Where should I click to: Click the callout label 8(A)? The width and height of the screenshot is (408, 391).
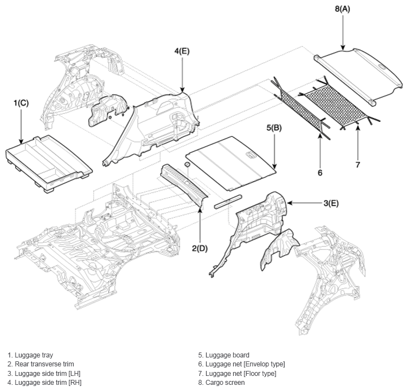(x=343, y=9)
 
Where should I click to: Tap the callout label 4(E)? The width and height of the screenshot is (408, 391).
(x=182, y=51)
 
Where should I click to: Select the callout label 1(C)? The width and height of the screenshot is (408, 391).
(x=21, y=103)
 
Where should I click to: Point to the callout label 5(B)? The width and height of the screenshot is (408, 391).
(x=274, y=128)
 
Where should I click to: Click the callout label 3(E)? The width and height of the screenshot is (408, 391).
(x=331, y=203)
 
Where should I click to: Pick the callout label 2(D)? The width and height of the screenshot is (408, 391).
(x=200, y=249)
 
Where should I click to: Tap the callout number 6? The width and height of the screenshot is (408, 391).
(x=320, y=173)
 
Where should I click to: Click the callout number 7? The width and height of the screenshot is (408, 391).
(x=358, y=165)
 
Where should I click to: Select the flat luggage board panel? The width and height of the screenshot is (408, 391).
(x=231, y=164)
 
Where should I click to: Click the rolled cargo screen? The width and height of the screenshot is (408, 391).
(x=359, y=77)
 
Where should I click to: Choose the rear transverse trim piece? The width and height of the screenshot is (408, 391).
(x=184, y=184)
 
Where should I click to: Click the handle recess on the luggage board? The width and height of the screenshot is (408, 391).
(x=251, y=155)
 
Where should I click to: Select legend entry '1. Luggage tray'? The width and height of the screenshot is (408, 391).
(x=30, y=355)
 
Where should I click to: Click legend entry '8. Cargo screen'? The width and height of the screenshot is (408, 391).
(x=222, y=383)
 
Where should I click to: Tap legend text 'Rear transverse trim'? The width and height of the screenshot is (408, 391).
(x=44, y=364)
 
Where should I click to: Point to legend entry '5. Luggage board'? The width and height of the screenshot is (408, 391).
(x=224, y=355)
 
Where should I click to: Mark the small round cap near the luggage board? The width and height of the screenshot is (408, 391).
(x=187, y=164)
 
